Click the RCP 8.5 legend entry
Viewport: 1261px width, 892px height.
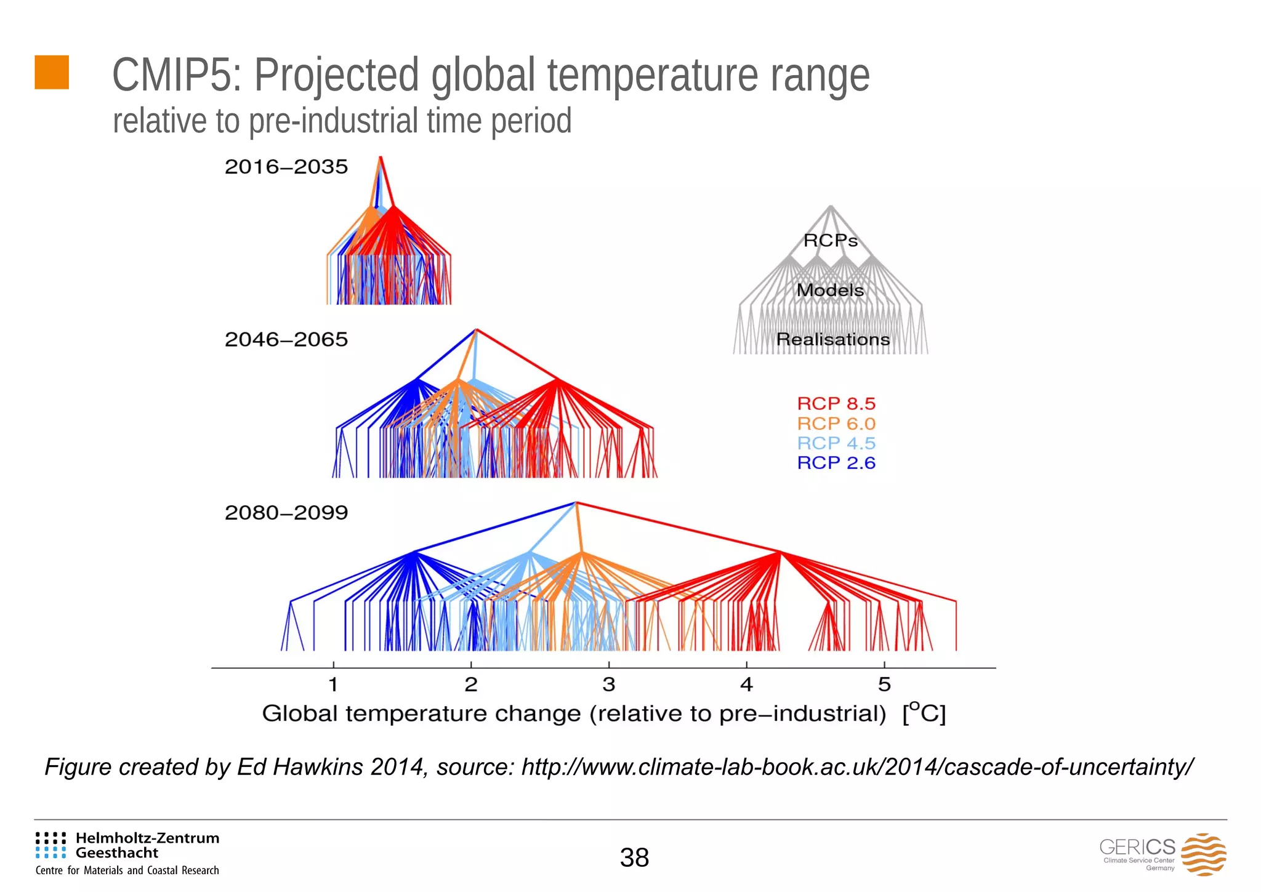(836, 404)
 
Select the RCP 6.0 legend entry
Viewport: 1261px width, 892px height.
(836, 424)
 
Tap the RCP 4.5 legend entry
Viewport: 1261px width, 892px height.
(836, 443)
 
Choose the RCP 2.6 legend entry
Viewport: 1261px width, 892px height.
(836, 463)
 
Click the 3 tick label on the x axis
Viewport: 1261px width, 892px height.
(608, 684)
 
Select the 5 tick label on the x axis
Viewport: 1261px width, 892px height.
(884, 684)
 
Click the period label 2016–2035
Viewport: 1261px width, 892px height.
(286, 167)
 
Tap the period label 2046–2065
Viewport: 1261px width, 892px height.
(286, 340)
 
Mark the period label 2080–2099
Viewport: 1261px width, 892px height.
(286, 513)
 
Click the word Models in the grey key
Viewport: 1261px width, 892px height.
(830, 290)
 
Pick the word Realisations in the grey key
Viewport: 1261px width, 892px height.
(832, 339)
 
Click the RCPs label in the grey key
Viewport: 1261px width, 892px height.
(831, 241)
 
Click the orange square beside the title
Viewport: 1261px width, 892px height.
(52, 72)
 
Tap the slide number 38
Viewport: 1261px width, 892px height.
(634, 858)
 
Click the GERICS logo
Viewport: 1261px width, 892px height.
(1162, 854)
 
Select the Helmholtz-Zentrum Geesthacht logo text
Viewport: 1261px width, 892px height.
(147, 845)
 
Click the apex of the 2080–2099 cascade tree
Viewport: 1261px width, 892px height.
(576, 503)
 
